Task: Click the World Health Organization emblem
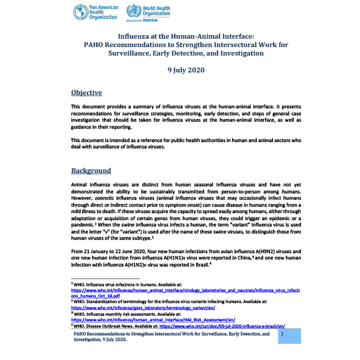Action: pyautogui.click(x=133, y=12)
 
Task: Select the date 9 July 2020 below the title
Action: pyautogui.click(x=179, y=71)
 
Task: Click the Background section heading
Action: pyautogui.click(x=91, y=171)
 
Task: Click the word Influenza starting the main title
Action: pyautogui.click(x=135, y=34)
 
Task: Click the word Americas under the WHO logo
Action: pyautogui.click(x=157, y=20)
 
